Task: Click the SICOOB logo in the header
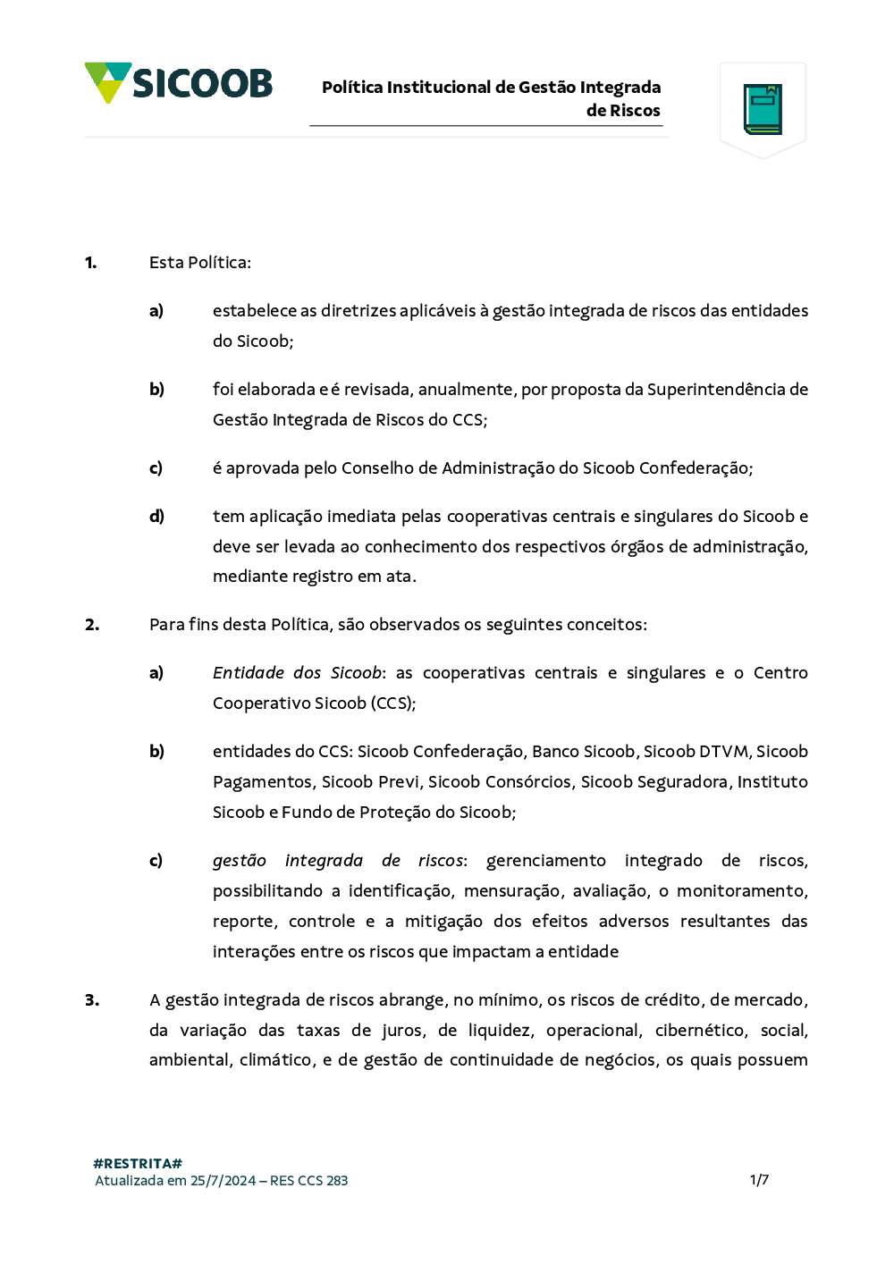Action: (x=179, y=83)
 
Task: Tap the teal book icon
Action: (x=763, y=109)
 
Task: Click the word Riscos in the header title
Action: (x=635, y=111)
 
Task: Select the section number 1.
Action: (x=90, y=263)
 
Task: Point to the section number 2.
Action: (x=92, y=625)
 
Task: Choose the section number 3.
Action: (x=92, y=1000)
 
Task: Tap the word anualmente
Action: (x=466, y=390)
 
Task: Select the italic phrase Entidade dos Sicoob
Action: (x=297, y=673)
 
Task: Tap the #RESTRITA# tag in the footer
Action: (x=138, y=1164)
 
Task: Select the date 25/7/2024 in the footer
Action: (x=223, y=1181)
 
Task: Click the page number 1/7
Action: (x=759, y=1180)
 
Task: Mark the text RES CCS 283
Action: (x=308, y=1181)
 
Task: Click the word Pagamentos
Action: (x=262, y=782)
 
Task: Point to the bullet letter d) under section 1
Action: (x=156, y=517)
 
